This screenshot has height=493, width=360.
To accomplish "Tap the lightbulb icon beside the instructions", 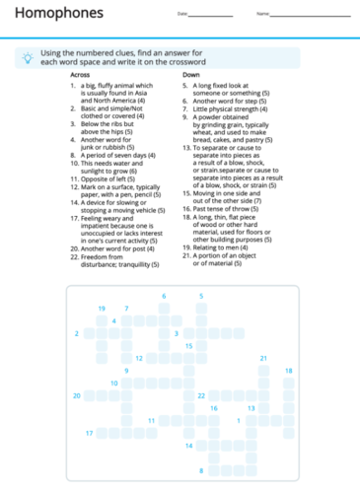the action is click(x=27, y=58).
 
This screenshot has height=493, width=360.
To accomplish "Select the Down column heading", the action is click(x=190, y=75).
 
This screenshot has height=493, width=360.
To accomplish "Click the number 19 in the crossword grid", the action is click(x=102, y=309).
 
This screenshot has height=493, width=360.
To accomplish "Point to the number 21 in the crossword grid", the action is click(x=263, y=358).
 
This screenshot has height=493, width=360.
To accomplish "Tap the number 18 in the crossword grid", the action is click(x=289, y=371).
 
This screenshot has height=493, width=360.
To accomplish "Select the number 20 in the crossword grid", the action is click(x=77, y=395).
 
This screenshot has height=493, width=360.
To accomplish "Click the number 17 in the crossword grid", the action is click(x=89, y=433).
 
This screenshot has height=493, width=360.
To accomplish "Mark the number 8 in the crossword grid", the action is click(x=201, y=470).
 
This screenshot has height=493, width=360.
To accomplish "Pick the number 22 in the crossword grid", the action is click(x=200, y=395).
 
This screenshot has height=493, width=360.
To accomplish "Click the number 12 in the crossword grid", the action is click(x=139, y=358).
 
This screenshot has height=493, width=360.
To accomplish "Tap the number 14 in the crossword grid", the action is click(x=188, y=446).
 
